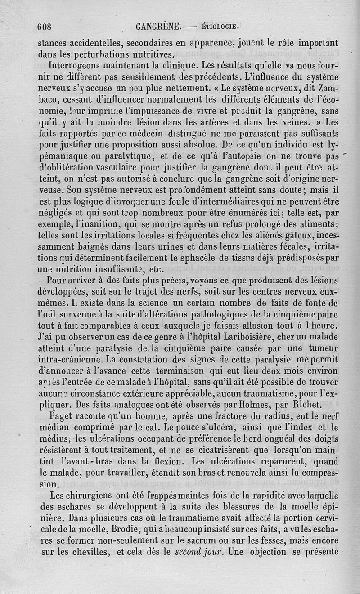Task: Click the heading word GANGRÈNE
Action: point(158,27)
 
